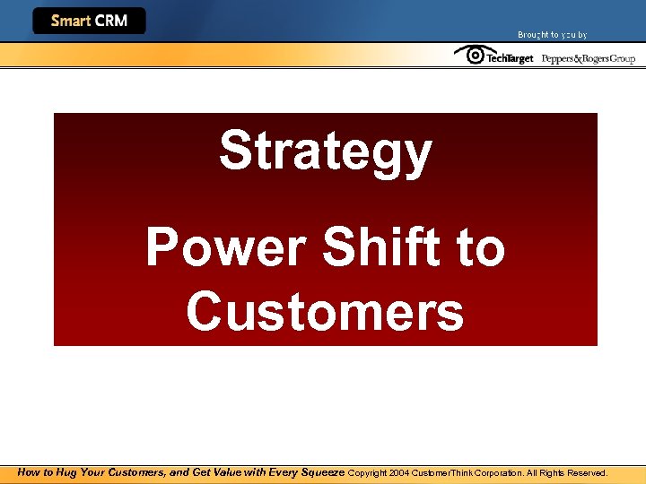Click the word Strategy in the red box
coord(325,151)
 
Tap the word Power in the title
coord(209,247)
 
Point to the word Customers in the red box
coord(325,312)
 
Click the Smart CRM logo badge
coord(89,21)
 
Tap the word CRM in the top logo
coord(110,21)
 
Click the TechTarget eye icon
coord(468,55)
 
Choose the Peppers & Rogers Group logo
coord(588,58)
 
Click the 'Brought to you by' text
coord(552,35)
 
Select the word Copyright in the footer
coord(367,472)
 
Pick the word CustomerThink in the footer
coord(443,472)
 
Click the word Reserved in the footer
coord(587,472)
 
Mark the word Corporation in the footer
coord(501,472)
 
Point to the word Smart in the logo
coord(70,21)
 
